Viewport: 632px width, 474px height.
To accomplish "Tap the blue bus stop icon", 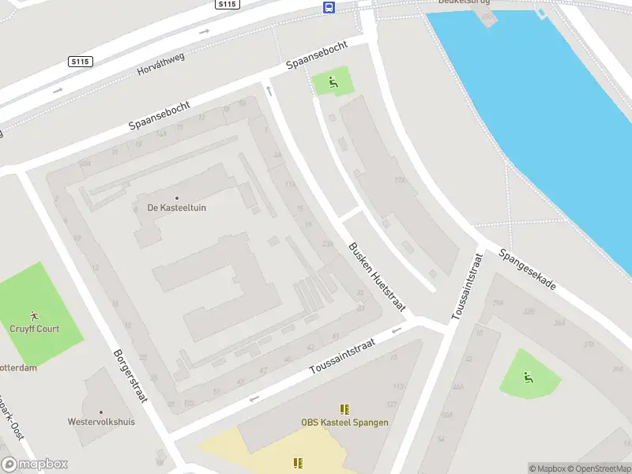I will (328, 8).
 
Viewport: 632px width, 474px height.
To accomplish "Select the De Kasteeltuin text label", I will (177, 209).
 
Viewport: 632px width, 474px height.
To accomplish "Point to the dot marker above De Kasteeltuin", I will (177, 197).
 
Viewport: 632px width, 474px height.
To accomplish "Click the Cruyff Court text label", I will (35, 329).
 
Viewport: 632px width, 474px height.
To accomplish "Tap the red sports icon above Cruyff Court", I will (35, 316).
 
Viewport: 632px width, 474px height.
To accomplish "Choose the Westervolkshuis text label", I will (102, 422).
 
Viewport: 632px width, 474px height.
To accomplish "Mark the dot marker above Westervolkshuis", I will (101, 412).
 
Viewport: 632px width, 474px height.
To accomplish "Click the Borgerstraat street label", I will (130, 376).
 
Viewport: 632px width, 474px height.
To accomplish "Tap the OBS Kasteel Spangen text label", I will (344, 423).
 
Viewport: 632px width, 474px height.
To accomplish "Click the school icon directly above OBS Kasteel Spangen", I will (344, 409).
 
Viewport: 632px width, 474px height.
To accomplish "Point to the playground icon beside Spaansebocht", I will (333, 81).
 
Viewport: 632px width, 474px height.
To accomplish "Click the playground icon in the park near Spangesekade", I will (527, 378).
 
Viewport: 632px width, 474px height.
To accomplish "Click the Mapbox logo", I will (35, 465).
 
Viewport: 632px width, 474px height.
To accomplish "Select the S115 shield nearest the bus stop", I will (227, 5).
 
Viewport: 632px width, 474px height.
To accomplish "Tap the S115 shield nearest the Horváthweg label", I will (81, 61).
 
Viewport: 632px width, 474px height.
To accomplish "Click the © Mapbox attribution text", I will (547, 468).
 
